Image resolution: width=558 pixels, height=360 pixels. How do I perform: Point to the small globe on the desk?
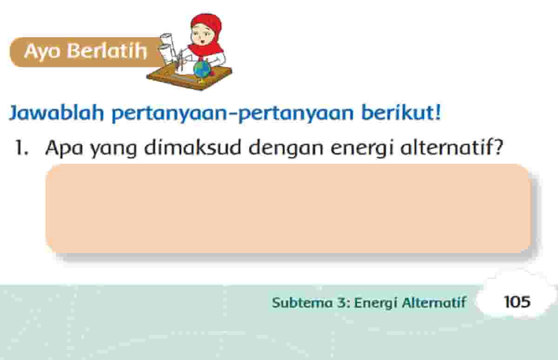click(203, 70)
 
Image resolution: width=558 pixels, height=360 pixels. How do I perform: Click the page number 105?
click(517, 302)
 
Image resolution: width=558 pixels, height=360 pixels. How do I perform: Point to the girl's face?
click(204, 37)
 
